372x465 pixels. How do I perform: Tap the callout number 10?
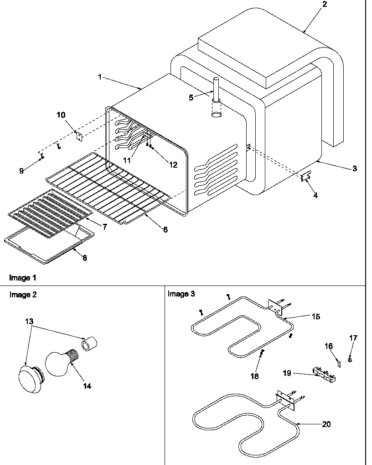61,115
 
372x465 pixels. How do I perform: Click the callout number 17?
353,338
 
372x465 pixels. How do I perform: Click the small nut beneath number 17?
350,360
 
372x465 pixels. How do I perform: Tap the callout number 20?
326,424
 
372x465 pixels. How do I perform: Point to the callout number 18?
254,376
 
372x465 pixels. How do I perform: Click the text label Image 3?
181,294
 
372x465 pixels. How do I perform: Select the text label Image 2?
23,295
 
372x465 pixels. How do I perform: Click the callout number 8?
84,258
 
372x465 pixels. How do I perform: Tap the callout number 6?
165,229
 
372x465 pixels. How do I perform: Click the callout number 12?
173,165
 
